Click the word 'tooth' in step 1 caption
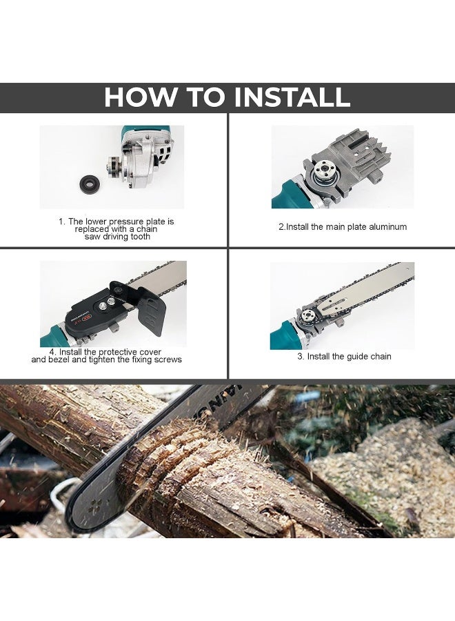pyautogui.click(x=136, y=237)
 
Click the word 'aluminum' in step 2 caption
pyautogui.click(x=383, y=226)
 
